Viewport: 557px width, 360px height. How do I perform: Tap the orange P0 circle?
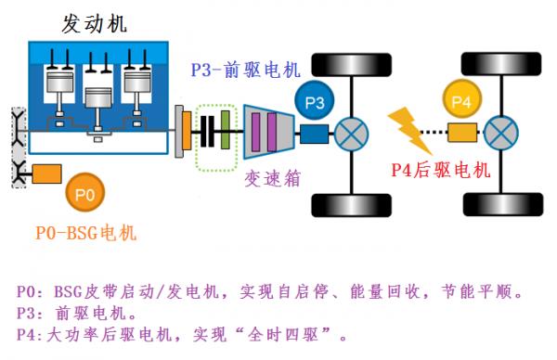[x=83, y=194]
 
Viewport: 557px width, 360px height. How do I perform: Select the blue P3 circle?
[x=314, y=103]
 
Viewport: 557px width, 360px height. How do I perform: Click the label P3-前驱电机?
[x=246, y=69]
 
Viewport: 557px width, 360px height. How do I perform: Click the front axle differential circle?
[x=352, y=133]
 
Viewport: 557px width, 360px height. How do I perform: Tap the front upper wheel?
[x=347, y=66]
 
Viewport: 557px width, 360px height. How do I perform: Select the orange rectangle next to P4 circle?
[x=463, y=133]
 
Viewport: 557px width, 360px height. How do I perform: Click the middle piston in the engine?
[x=95, y=98]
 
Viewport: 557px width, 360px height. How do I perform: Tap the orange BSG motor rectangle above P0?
[x=47, y=173]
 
